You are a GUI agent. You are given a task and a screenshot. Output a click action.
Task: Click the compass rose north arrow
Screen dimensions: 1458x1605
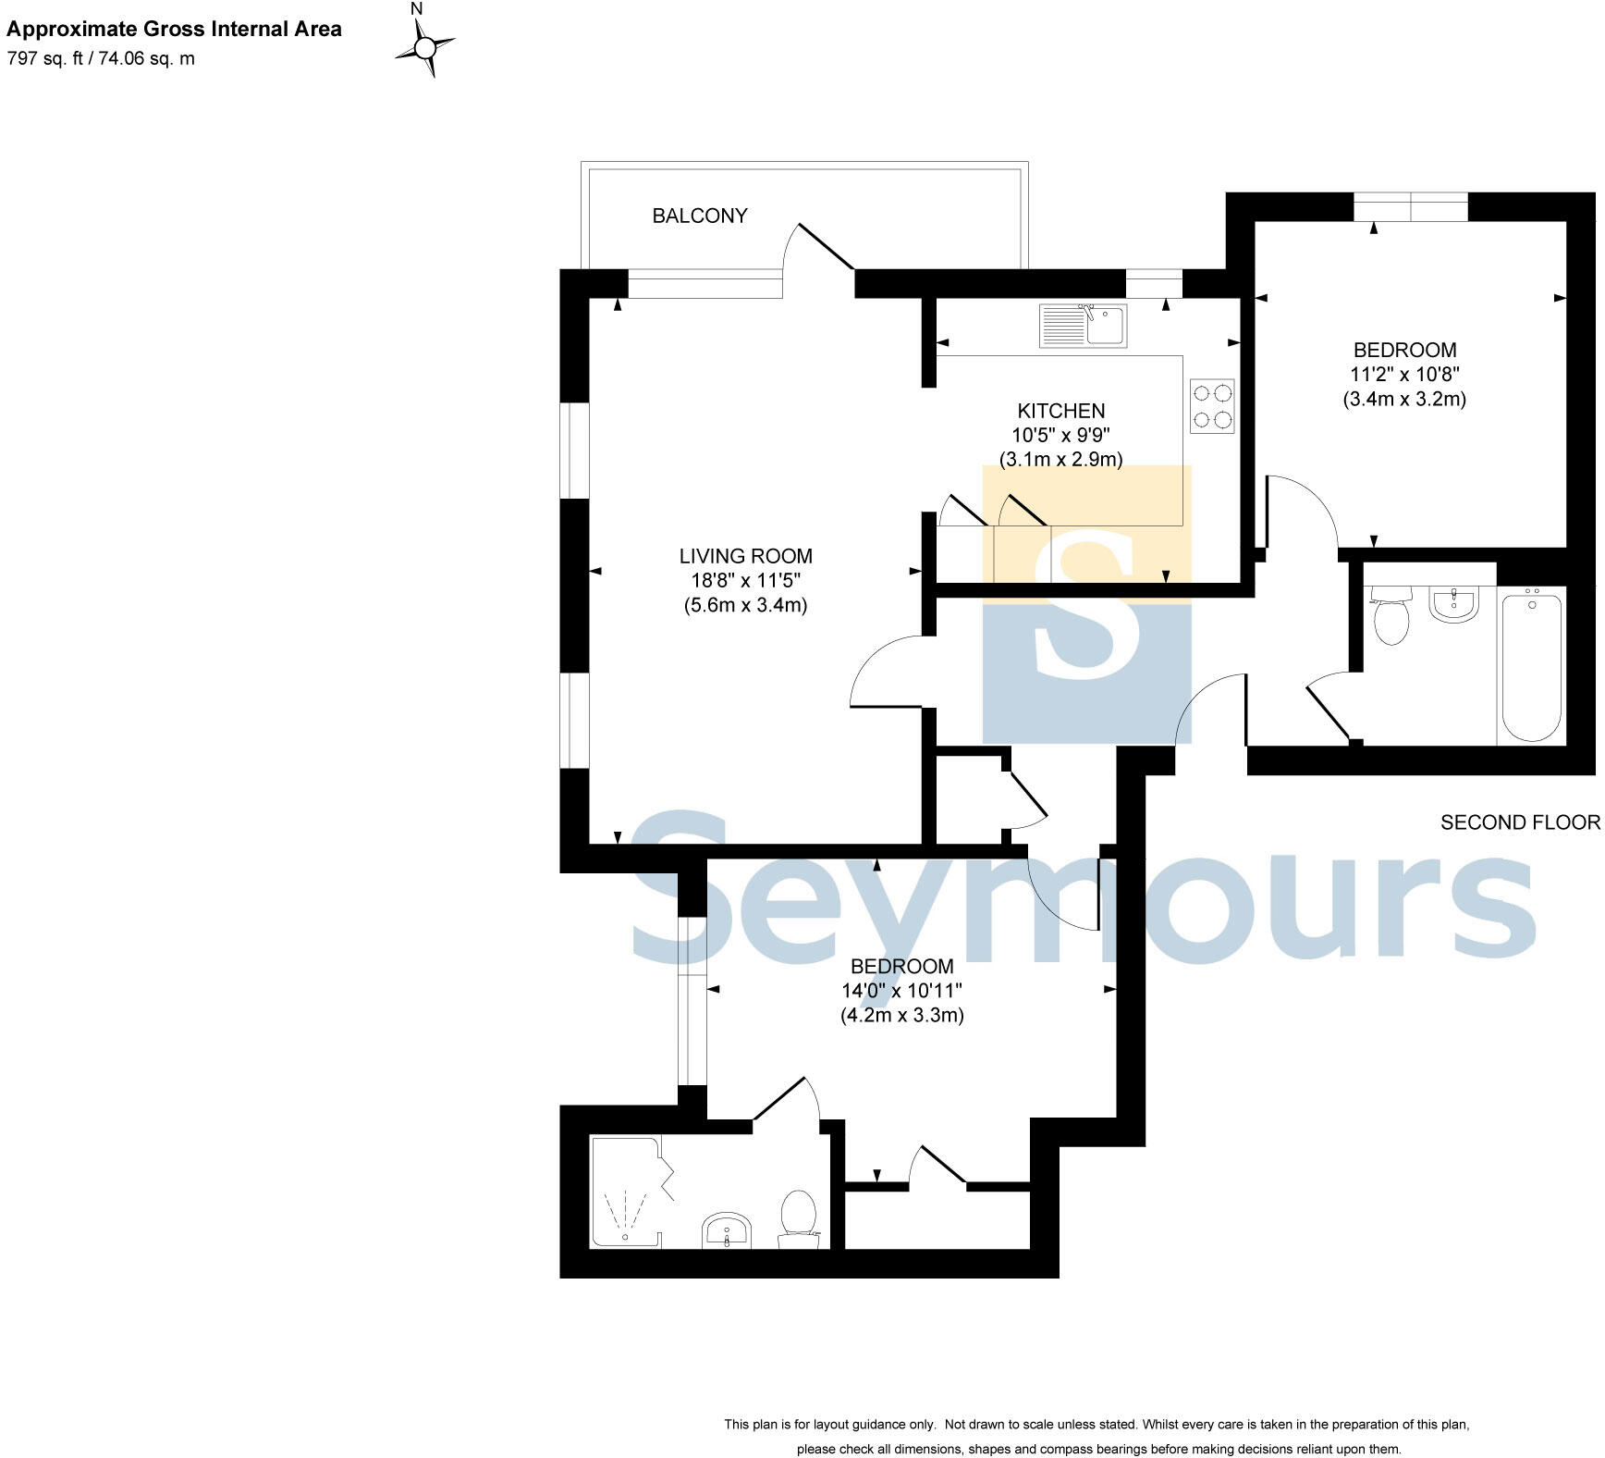[425, 45]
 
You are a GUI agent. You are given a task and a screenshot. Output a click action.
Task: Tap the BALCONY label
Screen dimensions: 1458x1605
[700, 216]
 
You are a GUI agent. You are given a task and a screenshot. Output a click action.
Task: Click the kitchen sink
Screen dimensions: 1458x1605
[1083, 326]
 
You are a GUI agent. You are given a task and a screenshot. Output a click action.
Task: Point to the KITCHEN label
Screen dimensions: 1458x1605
[1060, 411]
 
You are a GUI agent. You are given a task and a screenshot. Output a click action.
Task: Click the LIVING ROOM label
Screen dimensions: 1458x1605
[745, 556]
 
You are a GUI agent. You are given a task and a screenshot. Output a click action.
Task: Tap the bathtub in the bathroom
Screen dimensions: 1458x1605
[1532, 666]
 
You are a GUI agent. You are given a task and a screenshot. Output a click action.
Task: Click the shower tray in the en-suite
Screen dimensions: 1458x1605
[626, 1193]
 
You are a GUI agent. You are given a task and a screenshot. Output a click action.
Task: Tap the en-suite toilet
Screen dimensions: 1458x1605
[798, 1218]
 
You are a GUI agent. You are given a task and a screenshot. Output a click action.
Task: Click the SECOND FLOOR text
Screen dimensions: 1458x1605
[1519, 822]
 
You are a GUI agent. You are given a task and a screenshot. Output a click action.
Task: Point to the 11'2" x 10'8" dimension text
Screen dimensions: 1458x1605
[1404, 375]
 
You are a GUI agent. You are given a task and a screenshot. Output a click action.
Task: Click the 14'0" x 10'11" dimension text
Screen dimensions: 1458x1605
[901, 991]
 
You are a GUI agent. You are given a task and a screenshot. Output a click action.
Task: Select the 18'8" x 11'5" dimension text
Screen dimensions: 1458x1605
[745, 581]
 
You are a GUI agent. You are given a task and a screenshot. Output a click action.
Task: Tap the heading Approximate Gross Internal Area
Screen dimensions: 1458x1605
[174, 29]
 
